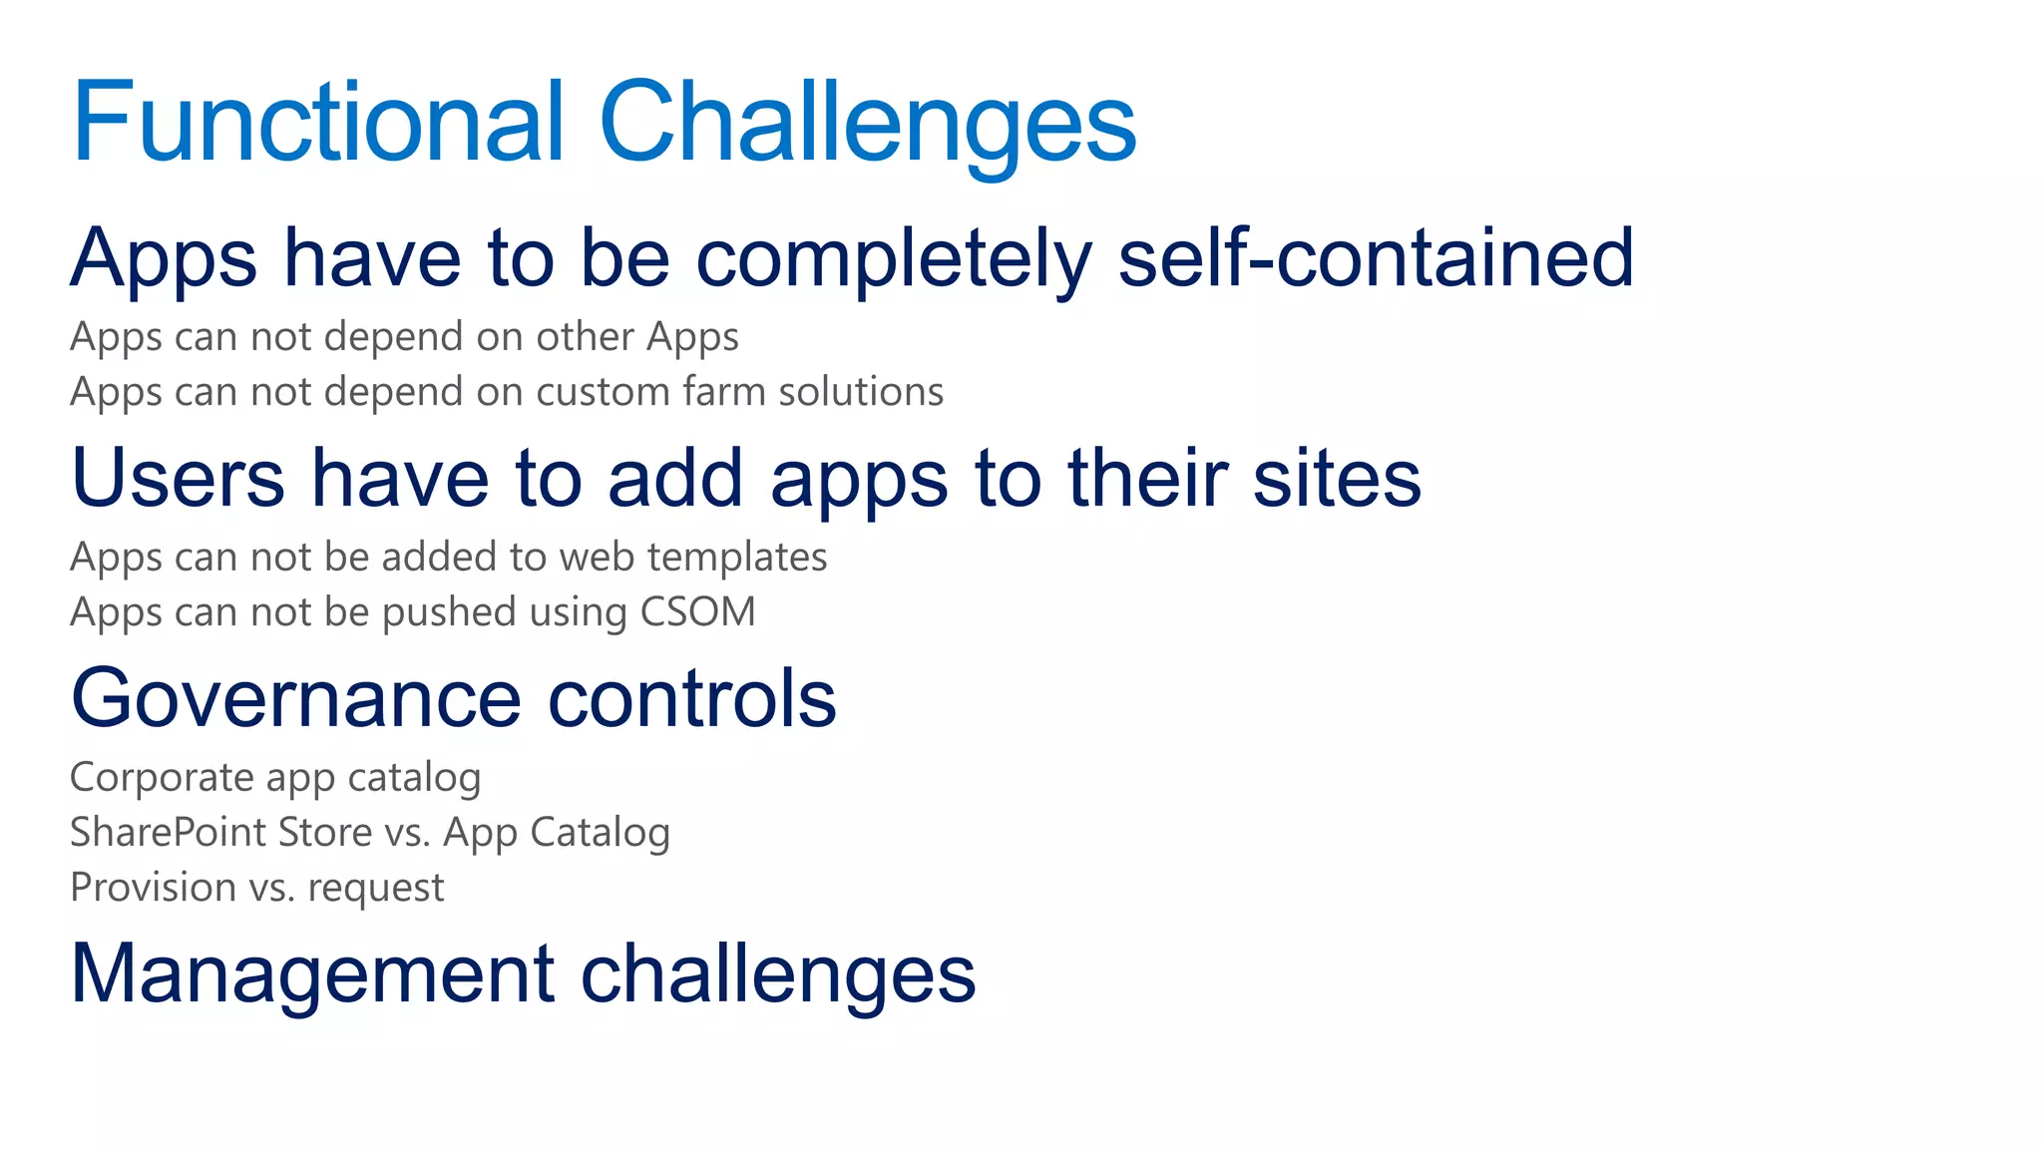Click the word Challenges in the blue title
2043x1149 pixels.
click(867, 122)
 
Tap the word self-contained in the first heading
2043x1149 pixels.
click(1376, 258)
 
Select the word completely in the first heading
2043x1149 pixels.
click(893, 258)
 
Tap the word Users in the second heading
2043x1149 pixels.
click(178, 479)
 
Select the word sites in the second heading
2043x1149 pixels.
click(1337, 479)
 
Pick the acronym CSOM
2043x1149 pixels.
click(697, 612)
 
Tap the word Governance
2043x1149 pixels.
click(296, 698)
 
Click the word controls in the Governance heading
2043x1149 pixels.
click(692, 698)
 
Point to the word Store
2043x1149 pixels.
click(324, 833)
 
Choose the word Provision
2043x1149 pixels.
click(153, 888)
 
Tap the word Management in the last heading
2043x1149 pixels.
click(312, 974)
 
